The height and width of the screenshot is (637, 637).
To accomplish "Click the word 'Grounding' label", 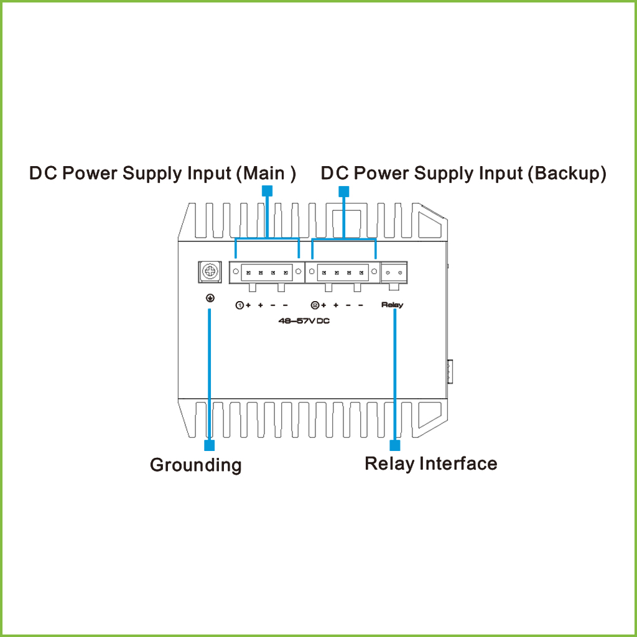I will coord(195,465).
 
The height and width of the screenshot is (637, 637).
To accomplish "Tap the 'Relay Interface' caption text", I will coord(430,463).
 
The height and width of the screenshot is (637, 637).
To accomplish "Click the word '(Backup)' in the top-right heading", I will coord(567,173).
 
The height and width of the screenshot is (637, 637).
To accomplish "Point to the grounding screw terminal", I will coord(210,272).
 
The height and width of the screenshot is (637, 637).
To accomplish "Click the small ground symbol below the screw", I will coord(210,299).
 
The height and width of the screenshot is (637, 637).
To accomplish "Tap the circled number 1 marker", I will coord(239,305).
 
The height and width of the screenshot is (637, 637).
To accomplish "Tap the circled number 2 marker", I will coord(315,305).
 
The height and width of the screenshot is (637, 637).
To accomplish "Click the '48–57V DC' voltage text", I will coord(304,321).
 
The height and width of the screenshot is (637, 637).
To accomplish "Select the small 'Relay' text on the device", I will coord(393,305).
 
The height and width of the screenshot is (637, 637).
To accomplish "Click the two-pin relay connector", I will coord(394,272).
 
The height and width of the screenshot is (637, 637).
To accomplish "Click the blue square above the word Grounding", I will coord(210,445).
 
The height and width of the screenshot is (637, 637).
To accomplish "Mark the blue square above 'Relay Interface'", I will coord(394,445).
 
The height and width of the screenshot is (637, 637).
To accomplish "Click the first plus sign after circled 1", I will coord(248,305).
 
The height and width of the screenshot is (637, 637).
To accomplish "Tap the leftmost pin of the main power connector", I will coord(248,272).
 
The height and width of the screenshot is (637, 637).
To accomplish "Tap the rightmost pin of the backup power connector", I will coord(361,272).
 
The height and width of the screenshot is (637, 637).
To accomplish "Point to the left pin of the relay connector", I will coord(388,272).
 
